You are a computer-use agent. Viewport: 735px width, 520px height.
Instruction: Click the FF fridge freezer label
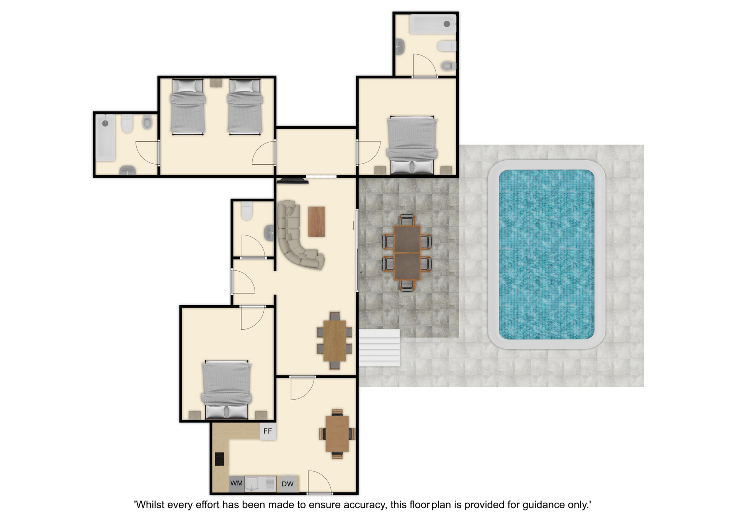click(268, 431)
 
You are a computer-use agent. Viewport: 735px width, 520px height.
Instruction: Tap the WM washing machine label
click(236, 483)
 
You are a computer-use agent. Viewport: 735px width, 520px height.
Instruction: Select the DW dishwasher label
click(287, 484)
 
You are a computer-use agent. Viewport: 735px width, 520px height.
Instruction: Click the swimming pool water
click(546, 254)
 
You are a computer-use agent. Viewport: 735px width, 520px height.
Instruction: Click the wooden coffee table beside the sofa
click(317, 222)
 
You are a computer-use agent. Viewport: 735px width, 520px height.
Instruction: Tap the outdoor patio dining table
click(407, 253)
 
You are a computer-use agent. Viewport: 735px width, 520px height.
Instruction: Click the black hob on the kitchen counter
click(219, 459)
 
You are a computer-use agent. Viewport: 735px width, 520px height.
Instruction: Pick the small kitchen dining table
click(337, 434)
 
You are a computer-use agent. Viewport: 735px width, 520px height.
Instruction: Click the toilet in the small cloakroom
click(247, 211)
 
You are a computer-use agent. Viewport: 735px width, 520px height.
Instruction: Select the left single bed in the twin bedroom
click(188, 107)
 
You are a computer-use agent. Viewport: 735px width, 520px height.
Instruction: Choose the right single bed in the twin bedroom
click(245, 107)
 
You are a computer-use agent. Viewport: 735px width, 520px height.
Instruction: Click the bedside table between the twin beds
click(216, 83)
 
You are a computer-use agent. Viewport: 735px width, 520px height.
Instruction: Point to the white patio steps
click(379, 348)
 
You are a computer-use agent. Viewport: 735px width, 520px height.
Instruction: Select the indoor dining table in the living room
click(335, 341)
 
